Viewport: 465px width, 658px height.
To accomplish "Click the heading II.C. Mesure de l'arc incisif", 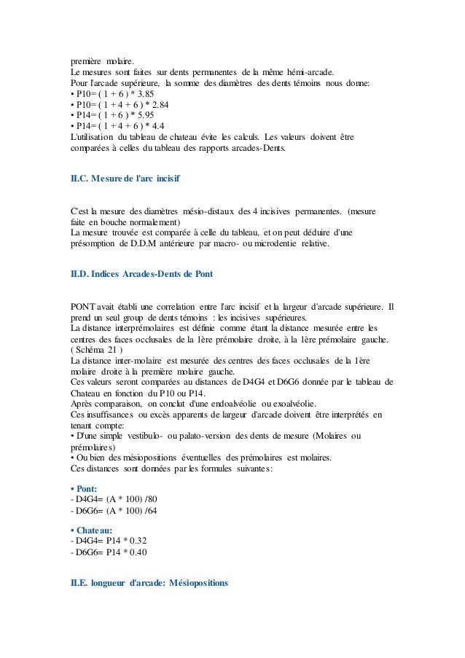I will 119,178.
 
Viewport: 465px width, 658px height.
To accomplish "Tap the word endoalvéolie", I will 220,403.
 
